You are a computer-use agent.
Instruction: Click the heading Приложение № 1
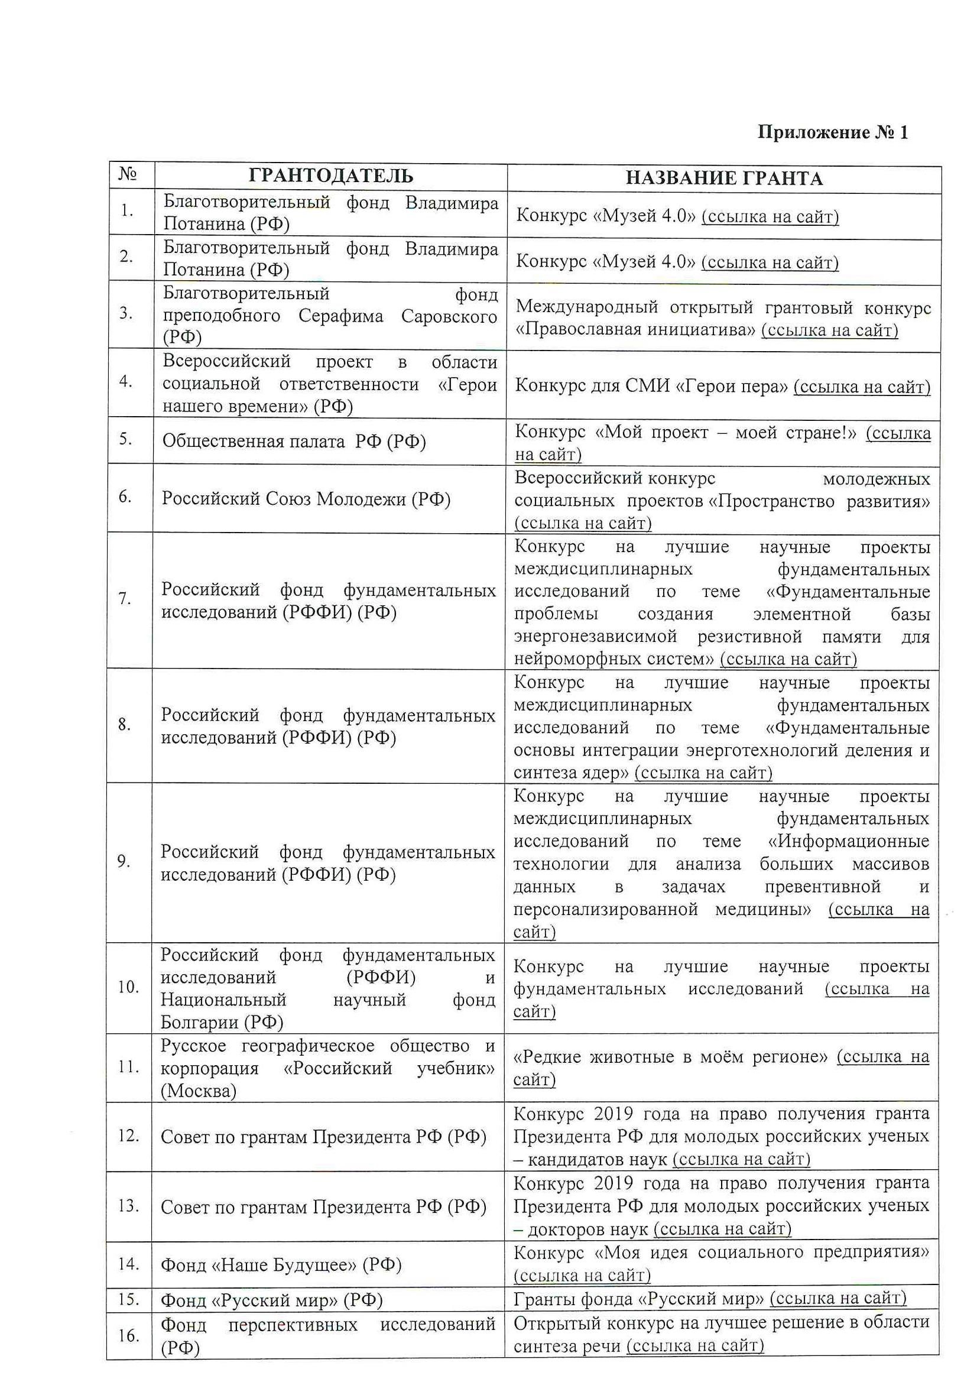(832, 132)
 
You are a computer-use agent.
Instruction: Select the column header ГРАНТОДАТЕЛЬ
(330, 176)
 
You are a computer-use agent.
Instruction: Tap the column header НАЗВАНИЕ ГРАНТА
(723, 178)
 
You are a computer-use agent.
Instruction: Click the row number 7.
(125, 599)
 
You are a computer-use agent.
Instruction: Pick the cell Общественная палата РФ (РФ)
(294, 442)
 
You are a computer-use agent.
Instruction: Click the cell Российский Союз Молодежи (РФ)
(306, 499)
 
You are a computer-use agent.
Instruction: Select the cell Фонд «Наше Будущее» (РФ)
(281, 1264)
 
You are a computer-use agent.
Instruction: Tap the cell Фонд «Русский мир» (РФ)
(271, 1300)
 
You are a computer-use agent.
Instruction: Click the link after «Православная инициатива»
(829, 330)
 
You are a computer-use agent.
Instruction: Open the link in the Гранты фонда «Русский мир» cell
(838, 1298)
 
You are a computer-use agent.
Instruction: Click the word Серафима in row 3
(340, 316)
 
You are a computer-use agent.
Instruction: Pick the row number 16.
(128, 1336)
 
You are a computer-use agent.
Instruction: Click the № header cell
(128, 174)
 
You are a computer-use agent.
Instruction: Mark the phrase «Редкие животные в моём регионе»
(670, 1057)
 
